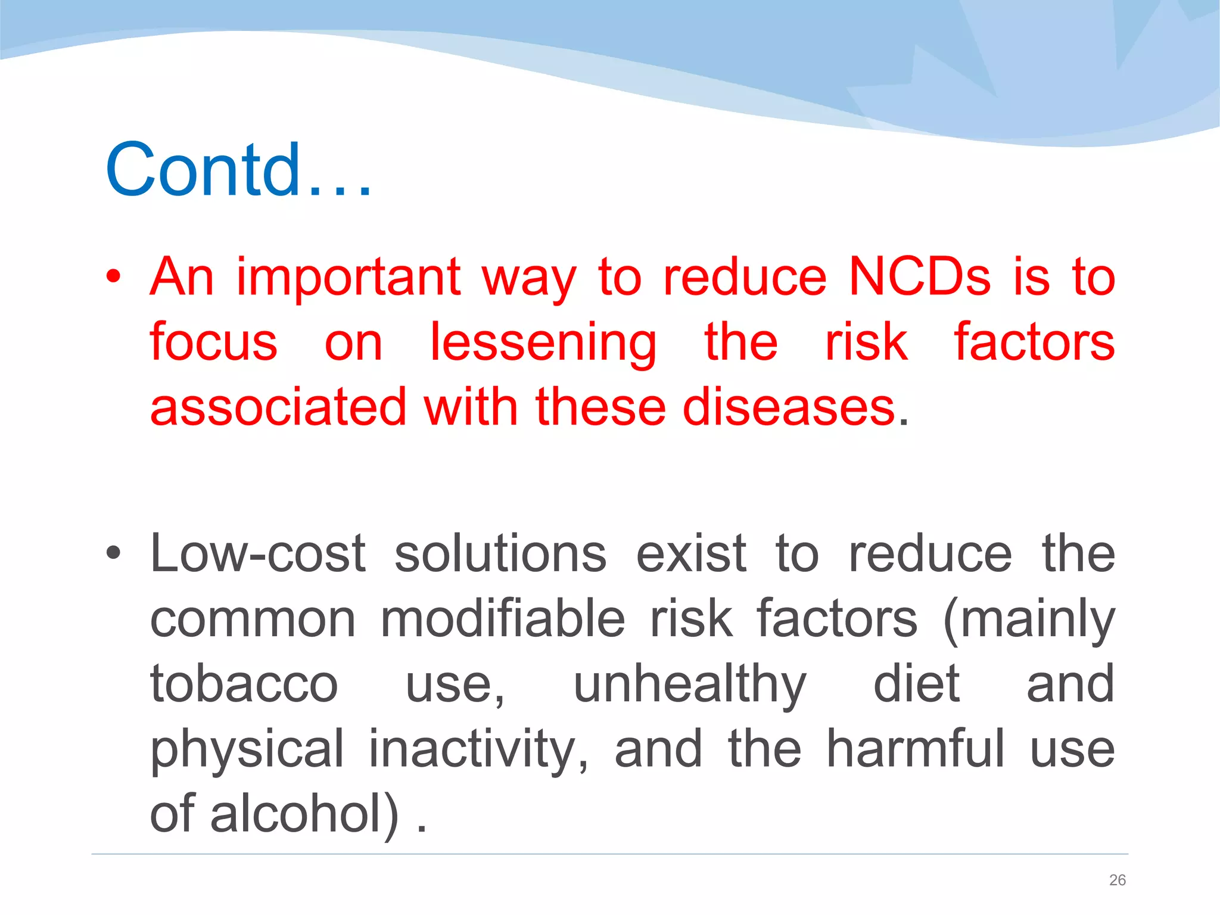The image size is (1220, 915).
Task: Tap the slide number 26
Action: (x=1117, y=880)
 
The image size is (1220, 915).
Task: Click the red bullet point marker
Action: (x=113, y=276)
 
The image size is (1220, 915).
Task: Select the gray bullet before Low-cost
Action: (x=113, y=553)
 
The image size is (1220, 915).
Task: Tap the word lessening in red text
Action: (x=543, y=344)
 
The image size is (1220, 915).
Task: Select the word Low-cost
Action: (x=258, y=554)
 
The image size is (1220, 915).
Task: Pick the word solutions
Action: (x=500, y=554)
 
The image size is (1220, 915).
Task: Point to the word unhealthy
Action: (x=689, y=685)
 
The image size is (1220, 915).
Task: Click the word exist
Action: (x=691, y=554)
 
